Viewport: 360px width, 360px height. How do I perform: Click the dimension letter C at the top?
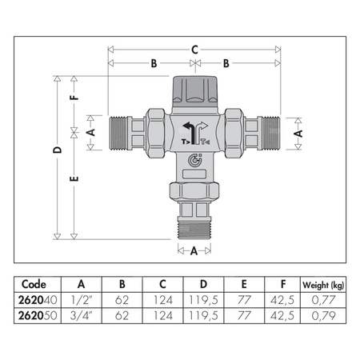(x=195, y=50)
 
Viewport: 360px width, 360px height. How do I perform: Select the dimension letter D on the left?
(x=57, y=150)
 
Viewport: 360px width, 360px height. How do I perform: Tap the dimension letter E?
(x=74, y=178)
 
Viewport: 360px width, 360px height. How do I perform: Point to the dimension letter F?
(x=74, y=97)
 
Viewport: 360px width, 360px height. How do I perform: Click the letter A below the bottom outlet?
(x=194, y=251)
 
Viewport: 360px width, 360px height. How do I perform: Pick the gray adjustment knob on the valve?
(x=195, y=90)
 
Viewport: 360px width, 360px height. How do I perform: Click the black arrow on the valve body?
(x=189, y=133)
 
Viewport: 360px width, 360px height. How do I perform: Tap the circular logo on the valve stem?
(x=195, y=160)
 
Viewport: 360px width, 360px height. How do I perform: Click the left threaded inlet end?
(x=118, y=133)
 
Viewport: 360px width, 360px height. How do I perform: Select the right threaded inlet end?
(x=271, y=133)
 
